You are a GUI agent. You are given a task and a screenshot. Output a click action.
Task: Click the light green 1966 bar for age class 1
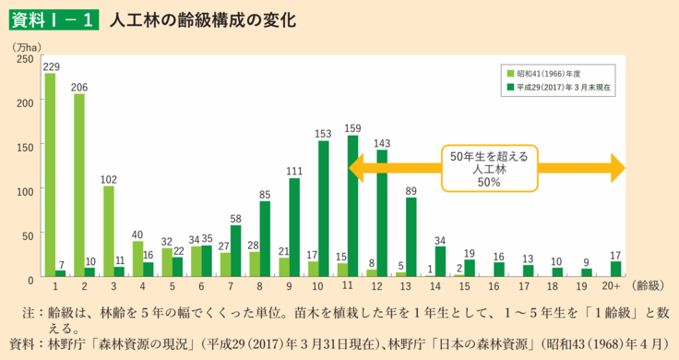pos(50,175)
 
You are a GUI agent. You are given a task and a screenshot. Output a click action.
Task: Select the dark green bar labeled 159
pos(352,207)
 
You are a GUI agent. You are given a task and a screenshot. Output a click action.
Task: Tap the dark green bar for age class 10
pos(323,210)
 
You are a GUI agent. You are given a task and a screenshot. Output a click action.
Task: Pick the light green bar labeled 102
pos(109,232)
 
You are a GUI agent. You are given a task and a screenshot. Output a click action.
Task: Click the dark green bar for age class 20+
pos(616,270)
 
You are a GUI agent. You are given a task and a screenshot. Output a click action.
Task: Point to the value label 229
pos(52,66)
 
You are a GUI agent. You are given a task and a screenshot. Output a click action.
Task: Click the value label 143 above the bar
pos(381,143)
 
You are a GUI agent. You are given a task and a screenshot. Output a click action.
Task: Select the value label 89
pos(411,190)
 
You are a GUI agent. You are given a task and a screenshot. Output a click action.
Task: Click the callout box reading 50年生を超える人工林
pos(488,169)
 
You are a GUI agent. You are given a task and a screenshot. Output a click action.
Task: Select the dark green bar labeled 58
pos(235,251)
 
